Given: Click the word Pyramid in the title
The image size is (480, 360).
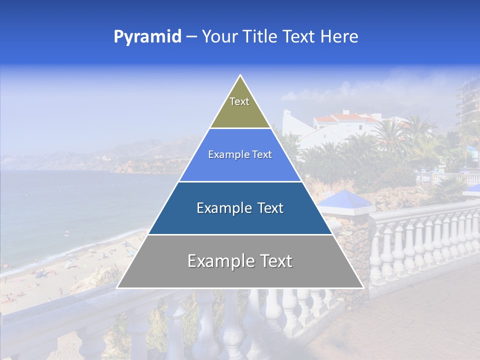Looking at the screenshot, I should click(x=147, y=36).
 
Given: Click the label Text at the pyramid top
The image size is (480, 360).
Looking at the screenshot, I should click(x=239, y=101).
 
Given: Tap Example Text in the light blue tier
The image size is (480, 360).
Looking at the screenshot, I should click(x=240, y=154).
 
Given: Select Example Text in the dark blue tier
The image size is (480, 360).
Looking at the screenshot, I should click(x=240, y=208).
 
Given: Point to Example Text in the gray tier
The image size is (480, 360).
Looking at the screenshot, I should click(x=240, y=261).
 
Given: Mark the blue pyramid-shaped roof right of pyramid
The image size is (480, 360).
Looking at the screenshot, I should click(x=345, y=200).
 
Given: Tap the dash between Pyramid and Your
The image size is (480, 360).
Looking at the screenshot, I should click(x=191, y=36).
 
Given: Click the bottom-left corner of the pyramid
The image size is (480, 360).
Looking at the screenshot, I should click(x=118, y=287).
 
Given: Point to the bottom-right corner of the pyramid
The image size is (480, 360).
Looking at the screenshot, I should click(x=363, y=287).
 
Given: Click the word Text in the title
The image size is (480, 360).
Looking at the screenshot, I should click(x=299, y=36).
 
